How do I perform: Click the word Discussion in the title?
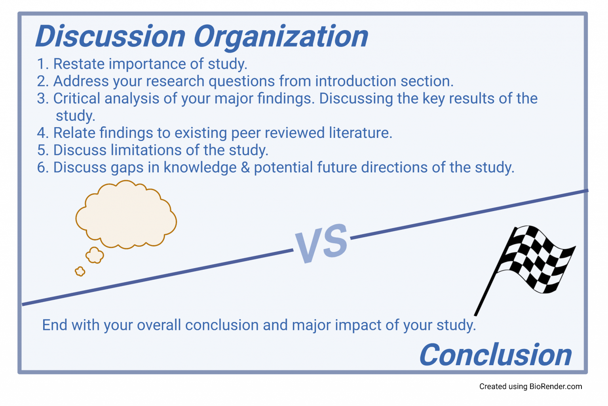pos(110,36)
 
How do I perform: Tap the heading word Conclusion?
pos(495,355)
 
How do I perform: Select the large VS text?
pos(321,243)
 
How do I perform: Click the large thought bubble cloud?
pos(126,214)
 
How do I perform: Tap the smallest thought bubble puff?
pos(80,271)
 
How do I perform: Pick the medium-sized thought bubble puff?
pos(95,255)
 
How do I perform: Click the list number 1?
pos(41,64)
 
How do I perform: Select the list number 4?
pos(42,133)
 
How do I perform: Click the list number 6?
pos(42,168)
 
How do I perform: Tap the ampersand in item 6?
pos(245,168)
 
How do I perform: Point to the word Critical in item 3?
pos(76,99)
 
